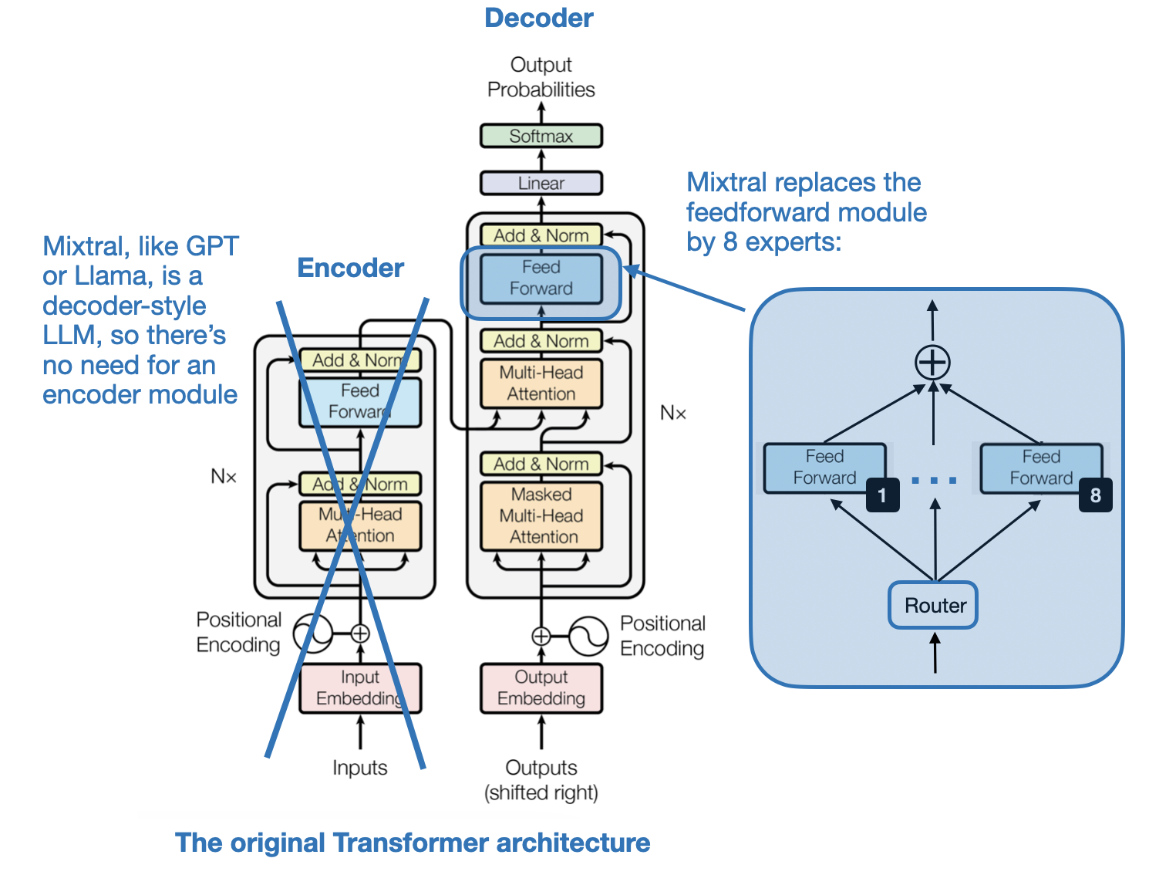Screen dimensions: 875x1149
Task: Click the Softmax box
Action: click(x=541, y=136)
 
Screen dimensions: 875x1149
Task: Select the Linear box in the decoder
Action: click(x=541, y=183)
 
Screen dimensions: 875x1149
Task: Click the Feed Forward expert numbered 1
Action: click(x=824, y=468)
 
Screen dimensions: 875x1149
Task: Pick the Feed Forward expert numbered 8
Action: click(x=1040, y=468)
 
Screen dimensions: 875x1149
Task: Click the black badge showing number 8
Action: click(x=1095, y=495)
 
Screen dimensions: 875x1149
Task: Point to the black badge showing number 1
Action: click(x=882, y=495)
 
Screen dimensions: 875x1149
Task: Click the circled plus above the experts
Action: click(x=932, y=362)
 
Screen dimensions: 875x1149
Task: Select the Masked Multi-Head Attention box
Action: click(x=541, y=515)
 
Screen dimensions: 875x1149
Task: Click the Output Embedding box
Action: click(x=541, y=687)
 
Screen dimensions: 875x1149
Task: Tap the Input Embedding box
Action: click(x=360, y=687)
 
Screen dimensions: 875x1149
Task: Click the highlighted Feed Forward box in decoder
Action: click(x=541, y=278)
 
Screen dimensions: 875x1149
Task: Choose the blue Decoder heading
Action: click(x=538, y=18)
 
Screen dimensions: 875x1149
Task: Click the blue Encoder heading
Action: click(x=350, y=268)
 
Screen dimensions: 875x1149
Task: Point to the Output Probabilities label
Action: click(x=541, y=77)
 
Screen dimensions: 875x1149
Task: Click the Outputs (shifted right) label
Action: click(x=541, y=779)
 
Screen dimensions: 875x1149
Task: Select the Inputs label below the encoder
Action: click(x=359, y=768)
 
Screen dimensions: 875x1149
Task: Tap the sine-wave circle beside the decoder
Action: click(x=588, y=636)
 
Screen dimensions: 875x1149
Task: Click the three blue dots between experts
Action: click(x=934, y=480)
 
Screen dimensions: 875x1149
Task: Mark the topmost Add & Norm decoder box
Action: click(x=541, y=235)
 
